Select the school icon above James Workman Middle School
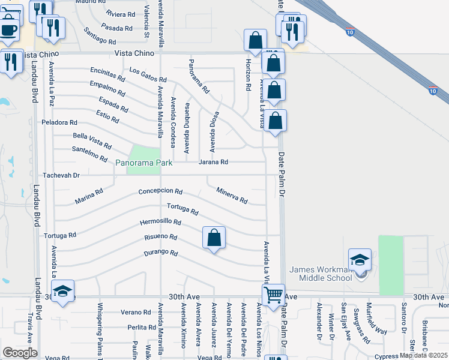(x=360, y=260)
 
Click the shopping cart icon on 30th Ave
(x=274, y=295)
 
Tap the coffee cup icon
(x=8, y=29)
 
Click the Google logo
(x=20, y=352)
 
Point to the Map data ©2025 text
(x=423, y=355)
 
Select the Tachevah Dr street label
(x=61, y=176)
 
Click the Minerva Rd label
(x=232, y=194)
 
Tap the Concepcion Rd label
(x=160, y=191)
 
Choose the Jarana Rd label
(x=214, y=162)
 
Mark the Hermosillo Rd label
(x=160, y=221)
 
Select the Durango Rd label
(x=161, y=253)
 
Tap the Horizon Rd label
(x=248, y=76)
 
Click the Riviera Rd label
(x=120, y=14)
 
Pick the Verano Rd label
(x=135, y=312)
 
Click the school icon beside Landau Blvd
(x=62, y=292)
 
